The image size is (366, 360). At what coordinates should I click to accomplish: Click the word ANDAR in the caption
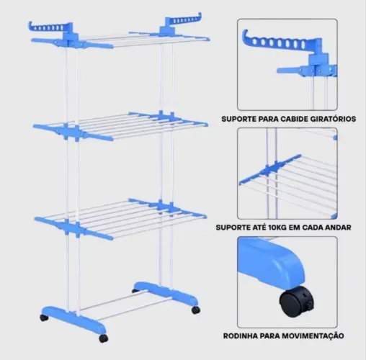tap(338, 228)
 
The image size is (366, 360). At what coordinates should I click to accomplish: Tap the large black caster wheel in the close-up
tap(297, 302)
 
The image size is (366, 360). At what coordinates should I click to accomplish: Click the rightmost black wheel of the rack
tap(196, 310)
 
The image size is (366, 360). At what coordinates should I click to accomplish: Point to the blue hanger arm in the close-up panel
tap(282, 42)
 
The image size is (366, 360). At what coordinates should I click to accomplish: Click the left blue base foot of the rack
tap(74, 320)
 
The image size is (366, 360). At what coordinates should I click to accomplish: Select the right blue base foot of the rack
tap(166, 293)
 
